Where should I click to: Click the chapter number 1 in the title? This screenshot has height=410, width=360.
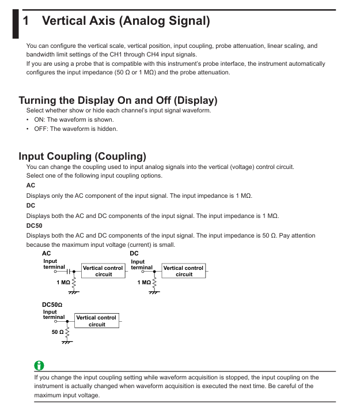point(26,21)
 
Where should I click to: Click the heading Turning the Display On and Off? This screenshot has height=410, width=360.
point(118,100)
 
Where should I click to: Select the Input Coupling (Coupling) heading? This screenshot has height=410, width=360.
point(82,156)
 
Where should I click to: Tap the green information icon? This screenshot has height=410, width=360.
point(39,366)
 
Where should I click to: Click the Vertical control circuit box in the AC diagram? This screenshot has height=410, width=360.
point(103,271)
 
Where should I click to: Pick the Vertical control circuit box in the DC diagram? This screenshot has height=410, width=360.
point(184,271)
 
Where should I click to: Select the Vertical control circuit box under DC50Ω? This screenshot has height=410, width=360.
point(97,321)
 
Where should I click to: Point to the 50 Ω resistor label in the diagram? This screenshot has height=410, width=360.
point(57,333)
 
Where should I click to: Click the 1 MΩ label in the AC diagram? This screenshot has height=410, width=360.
point(63,283)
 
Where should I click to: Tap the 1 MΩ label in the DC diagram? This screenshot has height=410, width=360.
point(144,283)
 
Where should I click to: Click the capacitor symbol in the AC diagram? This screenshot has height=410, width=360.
point(69,270)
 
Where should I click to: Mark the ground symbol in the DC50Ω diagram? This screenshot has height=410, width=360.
point(67,343)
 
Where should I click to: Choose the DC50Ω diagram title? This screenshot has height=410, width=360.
point(52,303)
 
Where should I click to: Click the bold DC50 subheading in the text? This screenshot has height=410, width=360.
point(34,225)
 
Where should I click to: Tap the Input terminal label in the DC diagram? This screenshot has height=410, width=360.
point(142,264)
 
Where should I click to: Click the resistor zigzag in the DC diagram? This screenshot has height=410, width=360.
point(154,282)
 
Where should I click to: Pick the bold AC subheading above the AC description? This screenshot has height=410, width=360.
point(31,185)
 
